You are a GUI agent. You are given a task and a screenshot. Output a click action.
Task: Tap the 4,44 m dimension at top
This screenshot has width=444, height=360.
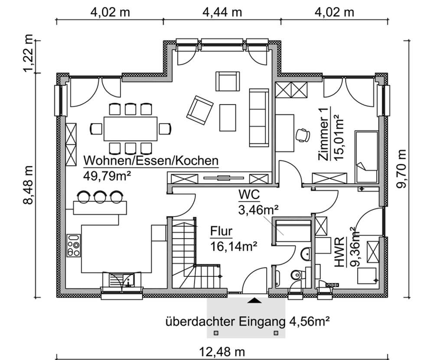click(222, 12)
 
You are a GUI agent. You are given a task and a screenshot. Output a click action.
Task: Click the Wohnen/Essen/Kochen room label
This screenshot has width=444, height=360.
click(150, 161)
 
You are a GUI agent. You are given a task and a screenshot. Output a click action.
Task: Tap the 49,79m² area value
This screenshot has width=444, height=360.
click(107, 175)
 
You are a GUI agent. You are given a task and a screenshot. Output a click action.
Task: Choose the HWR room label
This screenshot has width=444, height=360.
click(340, 259)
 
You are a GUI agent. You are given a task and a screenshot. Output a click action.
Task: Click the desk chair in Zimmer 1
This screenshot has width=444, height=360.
click(302, 135)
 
